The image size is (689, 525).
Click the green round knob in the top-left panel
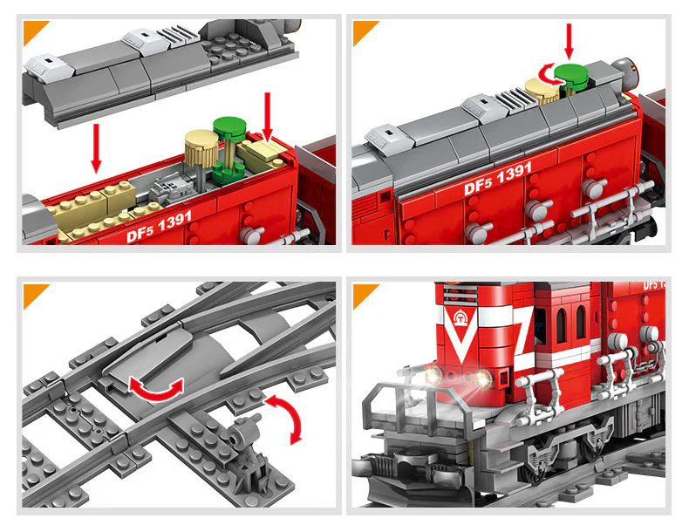coord(229,128)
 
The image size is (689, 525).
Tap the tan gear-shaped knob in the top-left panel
coord(201,141)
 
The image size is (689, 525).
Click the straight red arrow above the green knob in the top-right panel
coord(569,41)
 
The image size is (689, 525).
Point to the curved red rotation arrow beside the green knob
coord(547,76)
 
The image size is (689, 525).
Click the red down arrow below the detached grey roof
coord(96,147)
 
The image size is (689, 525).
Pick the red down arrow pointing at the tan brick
coord(268,118)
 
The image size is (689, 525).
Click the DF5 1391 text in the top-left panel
coord(159,226)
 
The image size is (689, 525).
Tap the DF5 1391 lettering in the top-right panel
coord(498,179)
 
